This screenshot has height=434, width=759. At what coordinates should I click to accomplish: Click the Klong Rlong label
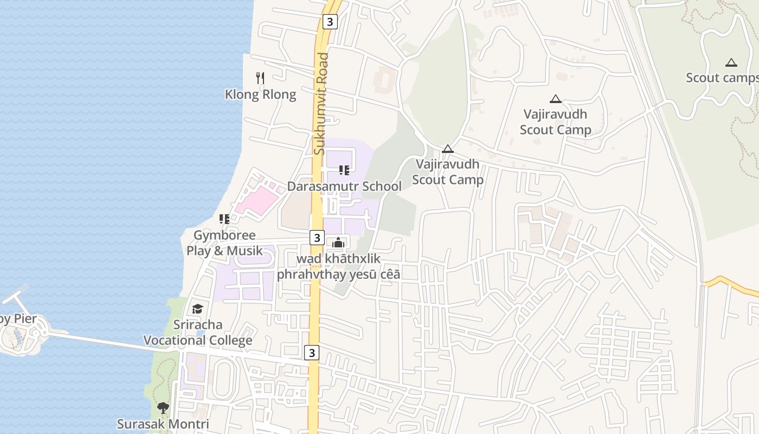coord(260,94)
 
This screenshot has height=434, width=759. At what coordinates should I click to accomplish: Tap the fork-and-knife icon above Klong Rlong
coord(260,78)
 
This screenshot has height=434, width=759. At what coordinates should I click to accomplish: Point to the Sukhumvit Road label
coord(322,103)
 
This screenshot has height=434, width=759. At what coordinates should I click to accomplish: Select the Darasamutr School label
coord(344,186)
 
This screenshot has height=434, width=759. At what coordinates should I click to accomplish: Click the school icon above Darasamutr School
coord(344,170)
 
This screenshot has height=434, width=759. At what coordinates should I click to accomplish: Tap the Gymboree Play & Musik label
coord(224,243)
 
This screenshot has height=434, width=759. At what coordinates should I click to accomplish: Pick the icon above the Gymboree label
coord(224,219)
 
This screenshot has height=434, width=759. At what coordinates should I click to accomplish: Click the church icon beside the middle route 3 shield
coord(338,242)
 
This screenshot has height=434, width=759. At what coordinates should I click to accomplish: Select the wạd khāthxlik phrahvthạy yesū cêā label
coord(339,266)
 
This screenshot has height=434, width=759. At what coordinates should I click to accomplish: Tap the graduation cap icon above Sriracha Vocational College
coord(197,309)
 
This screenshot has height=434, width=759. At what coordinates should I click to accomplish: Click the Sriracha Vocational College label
coord(198,333)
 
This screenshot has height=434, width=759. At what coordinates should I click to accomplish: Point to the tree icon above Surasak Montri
coord(163,407)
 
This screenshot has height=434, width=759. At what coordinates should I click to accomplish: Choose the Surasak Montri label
coord(163,424)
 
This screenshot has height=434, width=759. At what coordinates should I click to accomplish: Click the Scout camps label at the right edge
coord(722,78)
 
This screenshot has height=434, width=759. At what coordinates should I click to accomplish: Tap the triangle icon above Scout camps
coord(731,62)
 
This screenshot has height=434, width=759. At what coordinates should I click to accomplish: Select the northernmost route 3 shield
coord(330,22)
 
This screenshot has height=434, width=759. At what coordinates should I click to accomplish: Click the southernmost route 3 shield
coord(311,353)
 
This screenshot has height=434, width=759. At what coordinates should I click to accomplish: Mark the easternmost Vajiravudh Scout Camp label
coord(555,122)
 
